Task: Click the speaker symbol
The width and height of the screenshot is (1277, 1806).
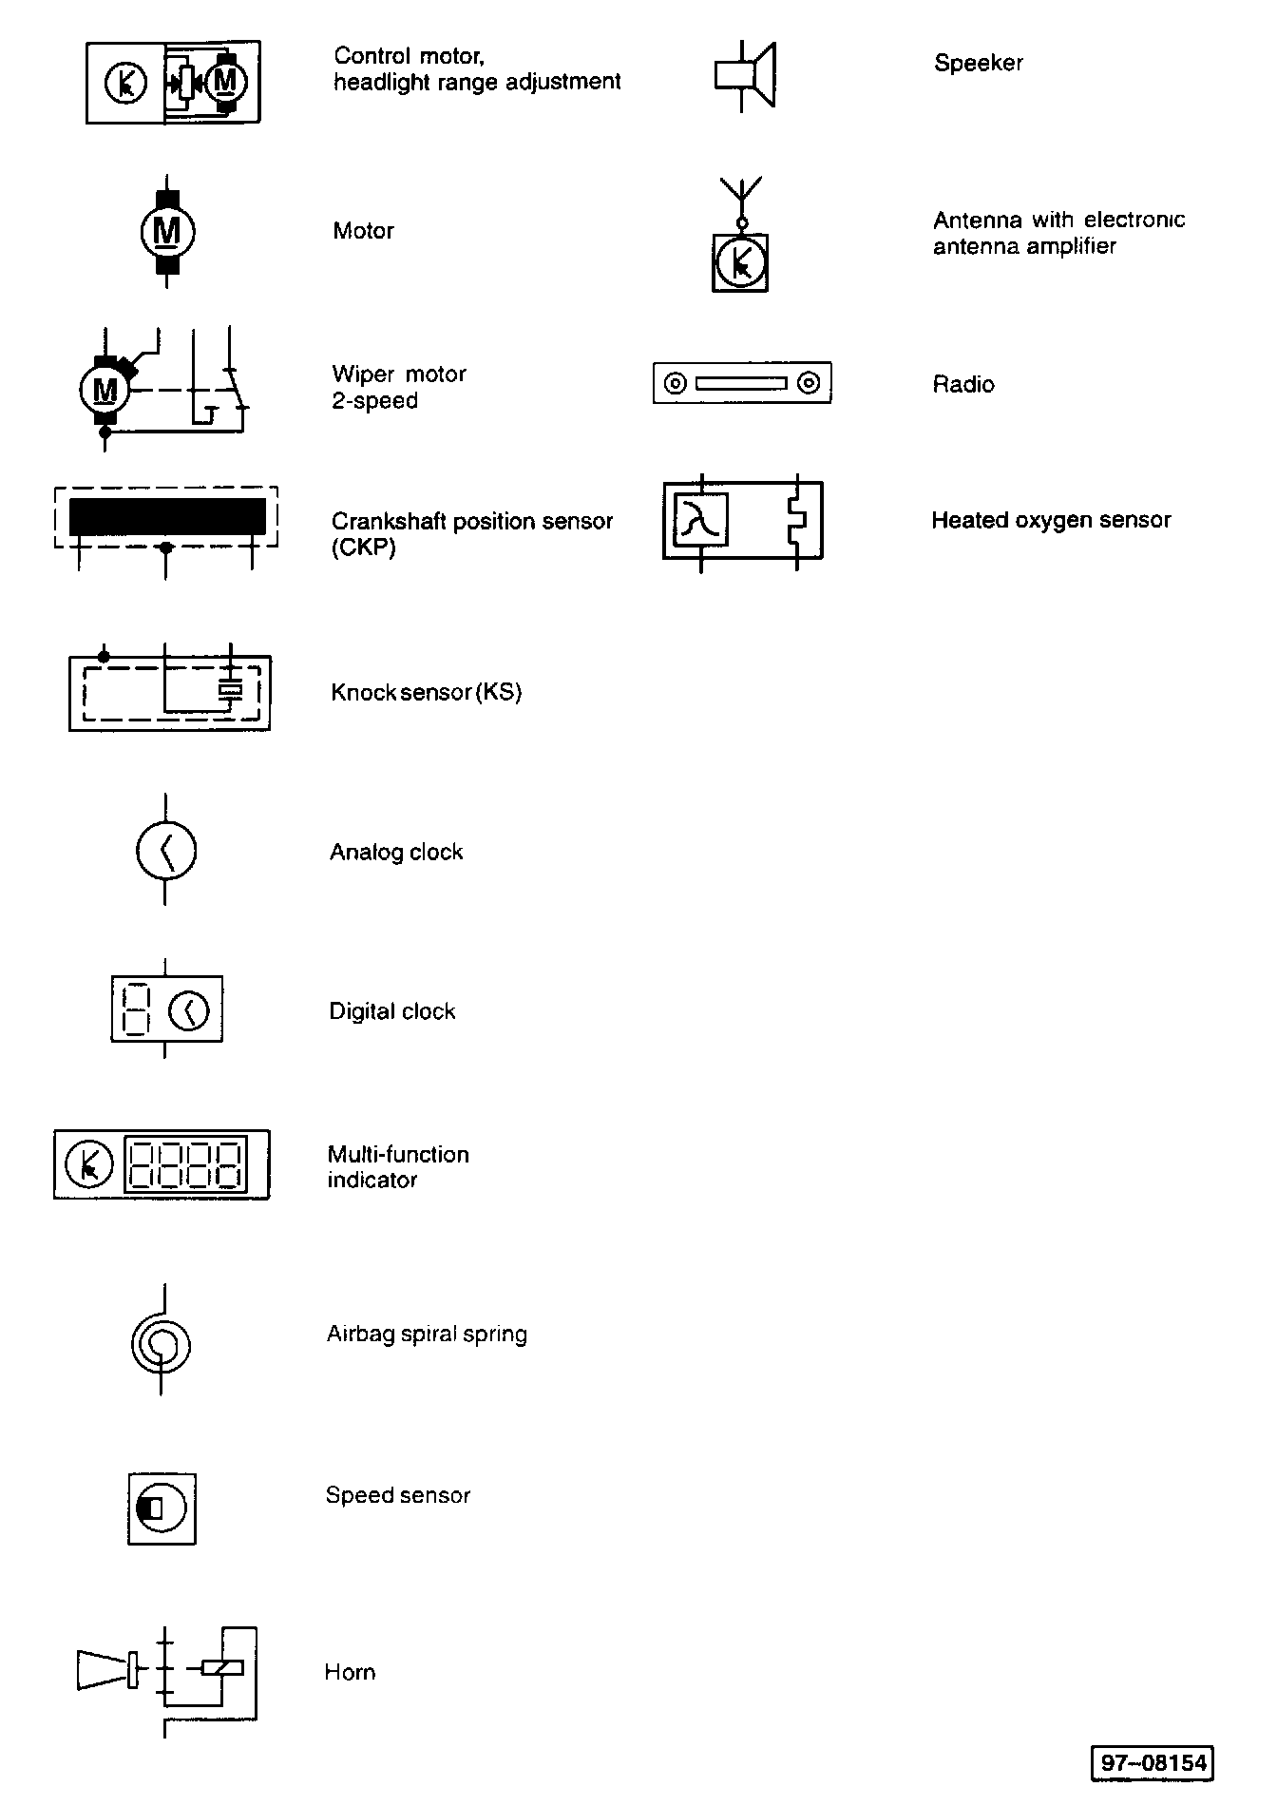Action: [746, 75]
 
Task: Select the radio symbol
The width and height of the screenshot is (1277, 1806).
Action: [742, 383]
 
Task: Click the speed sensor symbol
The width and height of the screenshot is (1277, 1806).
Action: [162, 1508]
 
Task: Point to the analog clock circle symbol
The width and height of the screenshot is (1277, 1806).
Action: [166, 850]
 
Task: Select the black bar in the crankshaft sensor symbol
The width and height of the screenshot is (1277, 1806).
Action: [167, 517]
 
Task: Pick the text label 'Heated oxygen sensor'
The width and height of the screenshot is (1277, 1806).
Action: [1051, 520]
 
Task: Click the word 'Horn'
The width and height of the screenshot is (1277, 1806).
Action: [350, 1672]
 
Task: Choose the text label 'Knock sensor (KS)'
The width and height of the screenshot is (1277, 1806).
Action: [427, 692]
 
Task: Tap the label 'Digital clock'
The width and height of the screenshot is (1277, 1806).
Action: [392, 1011]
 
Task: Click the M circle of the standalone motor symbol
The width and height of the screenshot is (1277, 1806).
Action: [167, 231]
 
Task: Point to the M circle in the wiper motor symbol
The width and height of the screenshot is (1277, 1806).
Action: [105, 390]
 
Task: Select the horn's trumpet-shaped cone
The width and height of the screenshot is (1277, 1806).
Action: [102, 1670]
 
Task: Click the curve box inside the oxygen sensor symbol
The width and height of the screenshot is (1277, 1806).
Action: [700, 520]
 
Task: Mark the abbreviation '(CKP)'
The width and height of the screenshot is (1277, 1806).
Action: [364, 548]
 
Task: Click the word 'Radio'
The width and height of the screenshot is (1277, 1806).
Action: [963, 385]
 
